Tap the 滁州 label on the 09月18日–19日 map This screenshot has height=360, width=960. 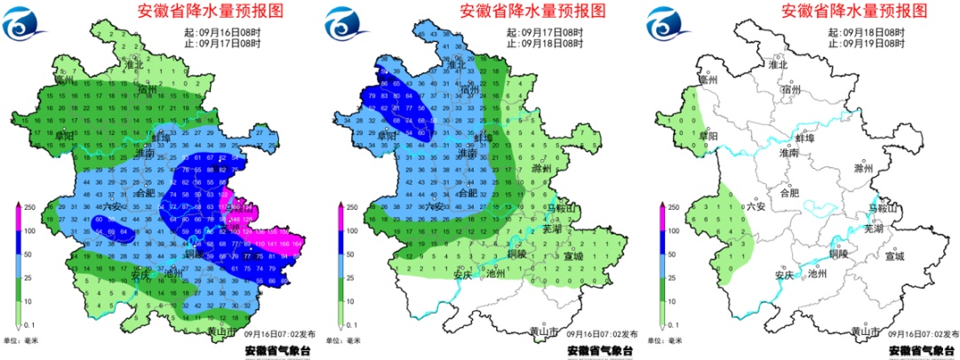tap(863, 168)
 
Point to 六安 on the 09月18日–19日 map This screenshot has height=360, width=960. tap(755, 205)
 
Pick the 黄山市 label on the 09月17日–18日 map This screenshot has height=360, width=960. tap(543, 332)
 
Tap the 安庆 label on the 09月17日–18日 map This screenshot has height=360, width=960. tap(460, 275)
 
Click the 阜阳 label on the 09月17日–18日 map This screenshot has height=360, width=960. tap(387, 136)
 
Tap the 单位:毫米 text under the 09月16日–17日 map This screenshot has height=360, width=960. tap(28, 340)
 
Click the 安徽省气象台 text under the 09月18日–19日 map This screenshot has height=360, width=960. tap(921, 350)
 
